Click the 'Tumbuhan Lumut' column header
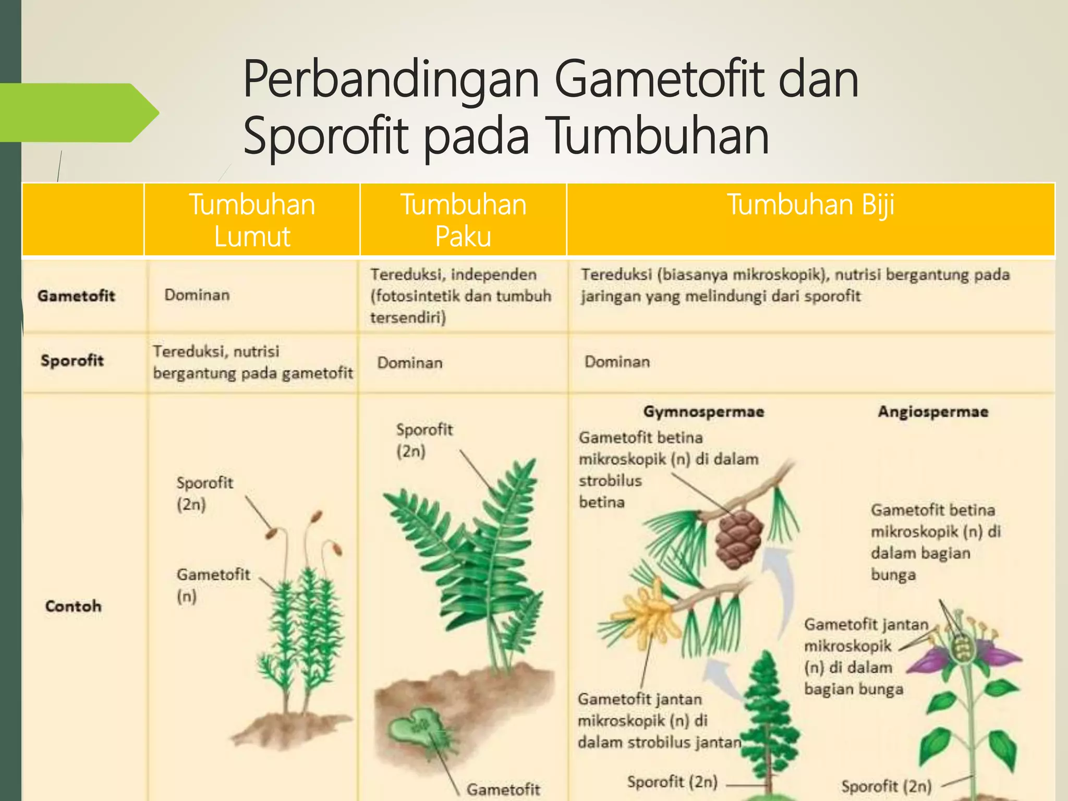pyautogui.click(x=252, y=220)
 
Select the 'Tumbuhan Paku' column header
pyautogui.click(x=463, y=220)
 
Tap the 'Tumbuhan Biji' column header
pyautogui.click(x=810, y=204)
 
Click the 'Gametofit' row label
pyautogui.click(x=76, y=296)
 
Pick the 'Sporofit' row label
pyautogui.click(x=72, y=360)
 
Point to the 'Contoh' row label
pyautogui.click(x=73, y=606)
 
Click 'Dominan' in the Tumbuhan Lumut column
pyautogui.click(x=197, y=295)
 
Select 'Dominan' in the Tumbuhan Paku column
pyautogui.click(x=410, y=362)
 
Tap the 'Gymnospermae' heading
pyautogui.click(x=703, y=411)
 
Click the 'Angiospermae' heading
pyautogui.click(x=933, y=411)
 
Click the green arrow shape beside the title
pyautogui.click(x=78, y=113)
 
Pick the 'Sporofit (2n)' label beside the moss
pyautogui.click(x=204, y=493)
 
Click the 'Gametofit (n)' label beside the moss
pyautogui.click(x=213, y=585)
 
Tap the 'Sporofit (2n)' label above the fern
pyautogui.click(x=424, y=440)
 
